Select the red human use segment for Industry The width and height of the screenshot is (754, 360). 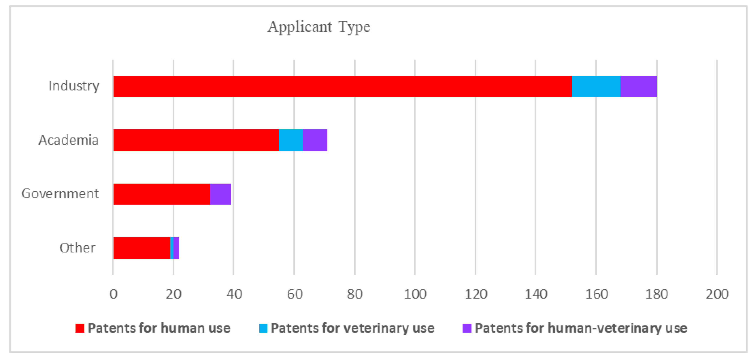[x=342, y=86]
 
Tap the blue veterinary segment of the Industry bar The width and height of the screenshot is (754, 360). [x=596, y=86]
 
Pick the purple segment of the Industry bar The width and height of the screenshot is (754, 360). [x=638, y=86]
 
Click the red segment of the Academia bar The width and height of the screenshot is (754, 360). [x=196, y=140]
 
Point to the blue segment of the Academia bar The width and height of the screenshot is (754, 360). [x=291, y=140]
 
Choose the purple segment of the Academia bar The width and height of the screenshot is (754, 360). [x=315, y=140]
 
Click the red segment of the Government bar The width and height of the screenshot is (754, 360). [x=161, y=194]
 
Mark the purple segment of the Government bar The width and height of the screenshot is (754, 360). [x=220, y=194]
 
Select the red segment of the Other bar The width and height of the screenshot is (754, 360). [x=142, y=248]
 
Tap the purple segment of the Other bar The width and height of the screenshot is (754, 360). [x=176, y=248]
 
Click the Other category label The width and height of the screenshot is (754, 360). [x=77, y=248]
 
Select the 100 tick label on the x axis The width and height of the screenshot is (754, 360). [x=415, y=294]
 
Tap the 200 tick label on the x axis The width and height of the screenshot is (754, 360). [x=717, y=294]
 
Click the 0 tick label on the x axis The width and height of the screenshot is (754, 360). [x=113, y=294]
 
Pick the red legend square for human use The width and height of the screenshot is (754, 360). [x=80, y=328]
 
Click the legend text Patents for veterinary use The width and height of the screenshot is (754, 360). [x=352, y=328]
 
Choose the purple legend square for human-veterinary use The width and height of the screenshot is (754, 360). [x=467, y=328]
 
